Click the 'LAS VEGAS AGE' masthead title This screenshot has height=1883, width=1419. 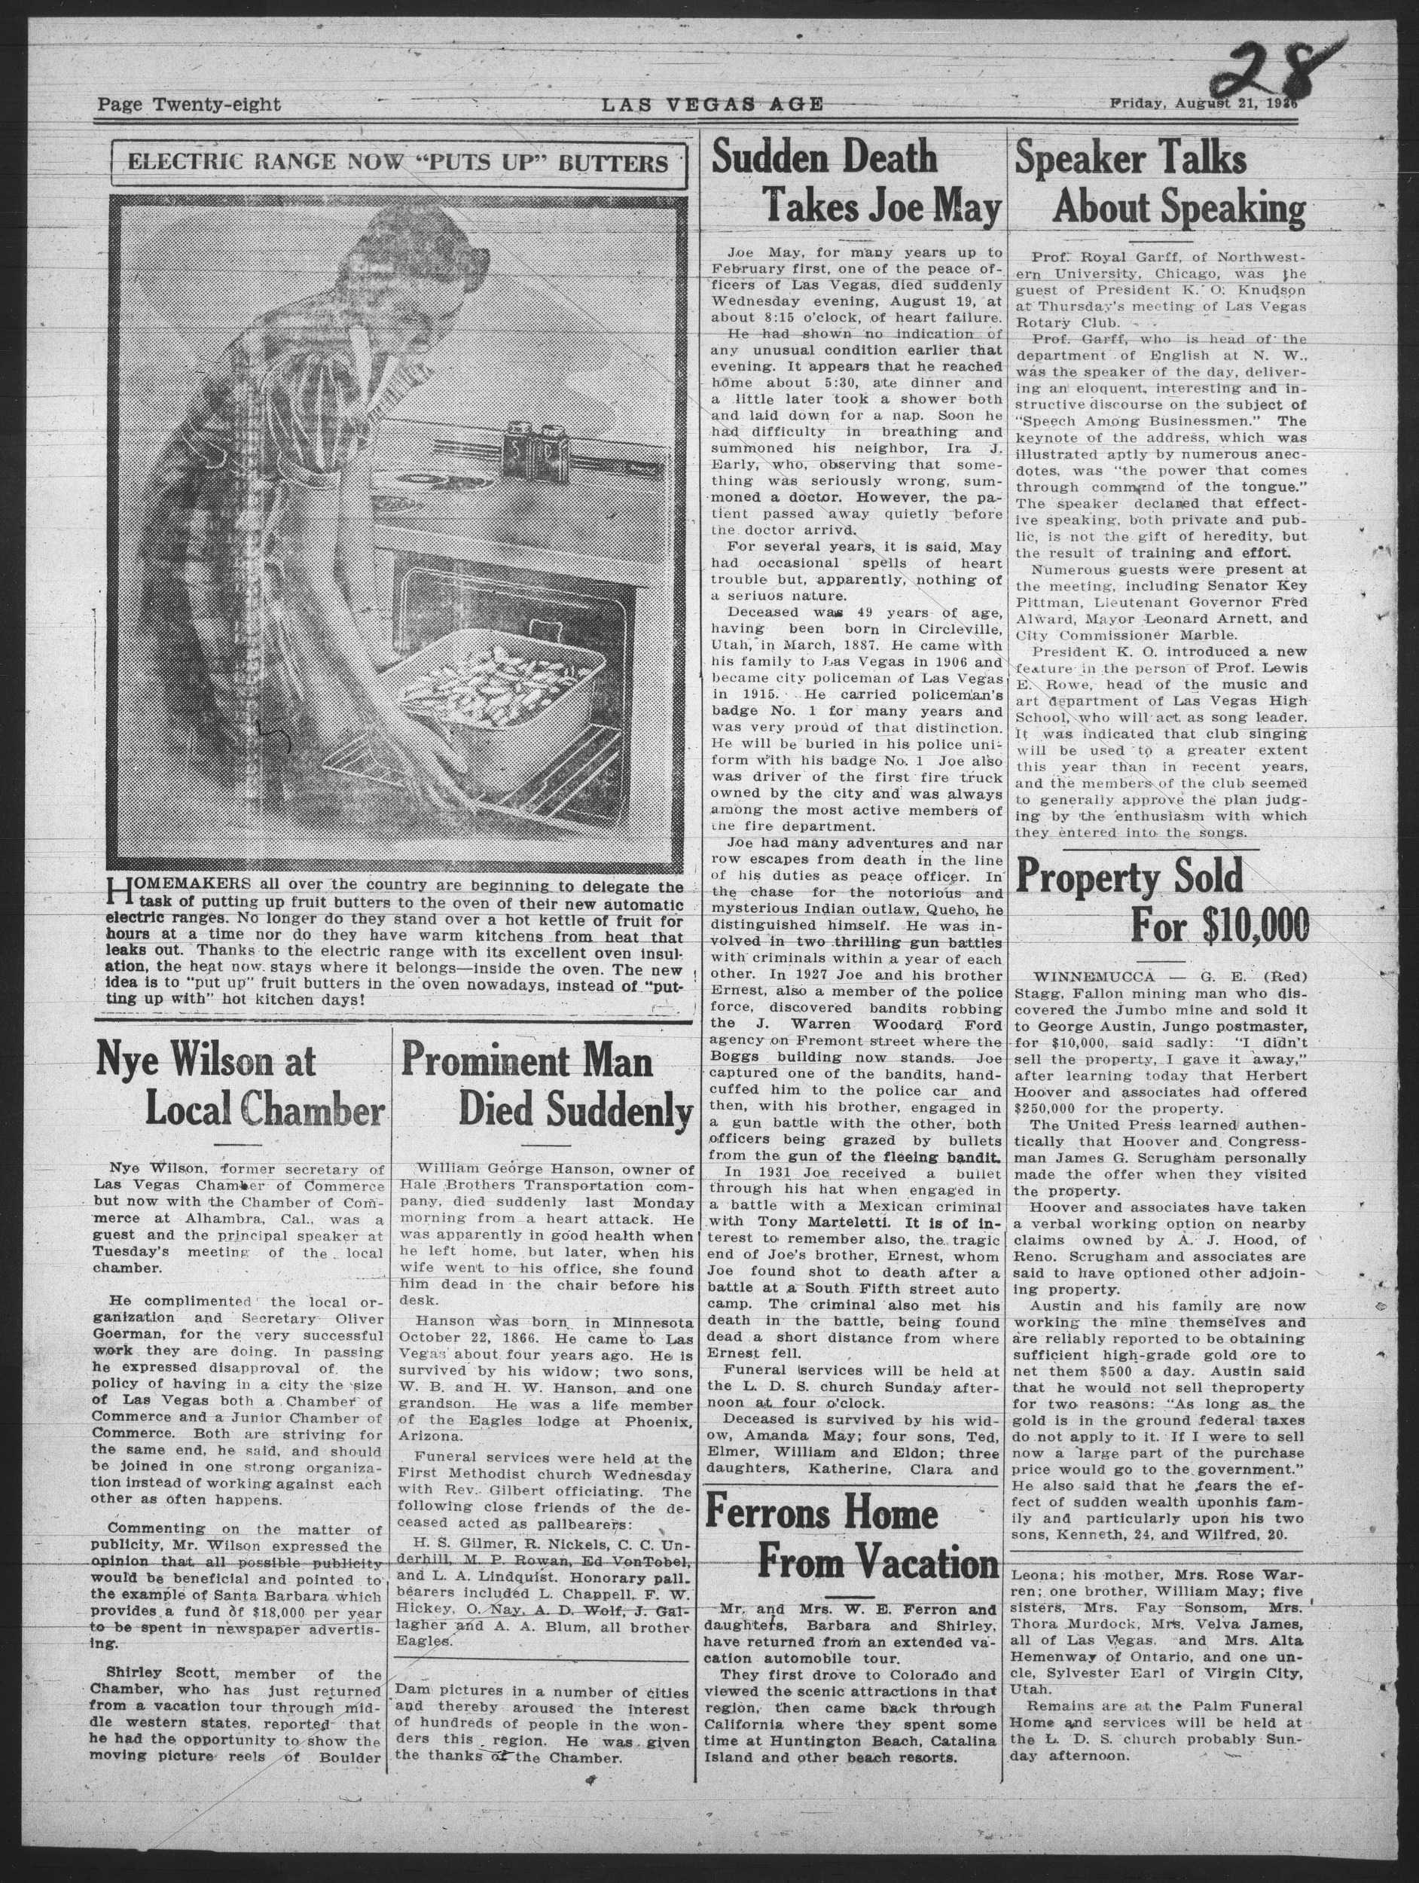click(713, 105)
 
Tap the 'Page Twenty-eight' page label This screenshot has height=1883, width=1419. click(188, 105)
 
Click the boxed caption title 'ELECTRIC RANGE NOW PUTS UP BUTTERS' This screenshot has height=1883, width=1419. click(398, 162)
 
